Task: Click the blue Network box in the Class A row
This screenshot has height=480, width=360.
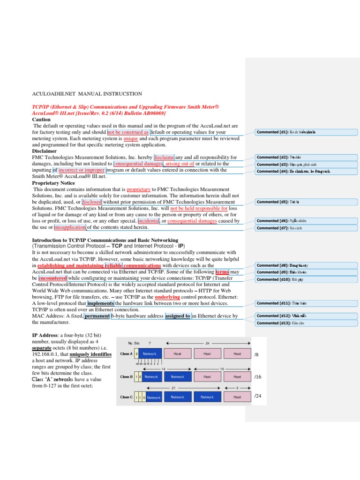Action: tap(149, 354)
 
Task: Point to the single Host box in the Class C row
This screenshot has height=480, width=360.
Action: tap(237, 397)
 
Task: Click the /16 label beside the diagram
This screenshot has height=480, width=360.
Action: tap(257, 376)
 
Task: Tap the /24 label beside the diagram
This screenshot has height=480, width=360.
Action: tap(257, 396)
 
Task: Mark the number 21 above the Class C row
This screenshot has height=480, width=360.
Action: tap(173, 388)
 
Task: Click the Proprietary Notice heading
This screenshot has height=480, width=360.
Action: tap(53, 183)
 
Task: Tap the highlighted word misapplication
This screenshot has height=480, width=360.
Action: tap(70, 227)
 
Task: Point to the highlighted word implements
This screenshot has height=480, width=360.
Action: tap(100, 303)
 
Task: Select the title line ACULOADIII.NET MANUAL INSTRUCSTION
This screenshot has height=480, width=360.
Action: tap(87, 94)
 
